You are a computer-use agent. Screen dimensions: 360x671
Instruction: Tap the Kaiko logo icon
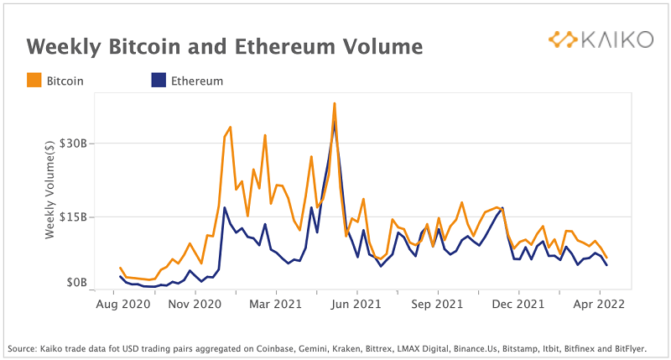point(561,39)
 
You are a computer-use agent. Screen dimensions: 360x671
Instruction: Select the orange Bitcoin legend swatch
point(34,81)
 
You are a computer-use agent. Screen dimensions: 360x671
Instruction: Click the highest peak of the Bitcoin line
point(334,103)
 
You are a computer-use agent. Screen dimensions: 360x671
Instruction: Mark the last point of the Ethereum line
point(606,265)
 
